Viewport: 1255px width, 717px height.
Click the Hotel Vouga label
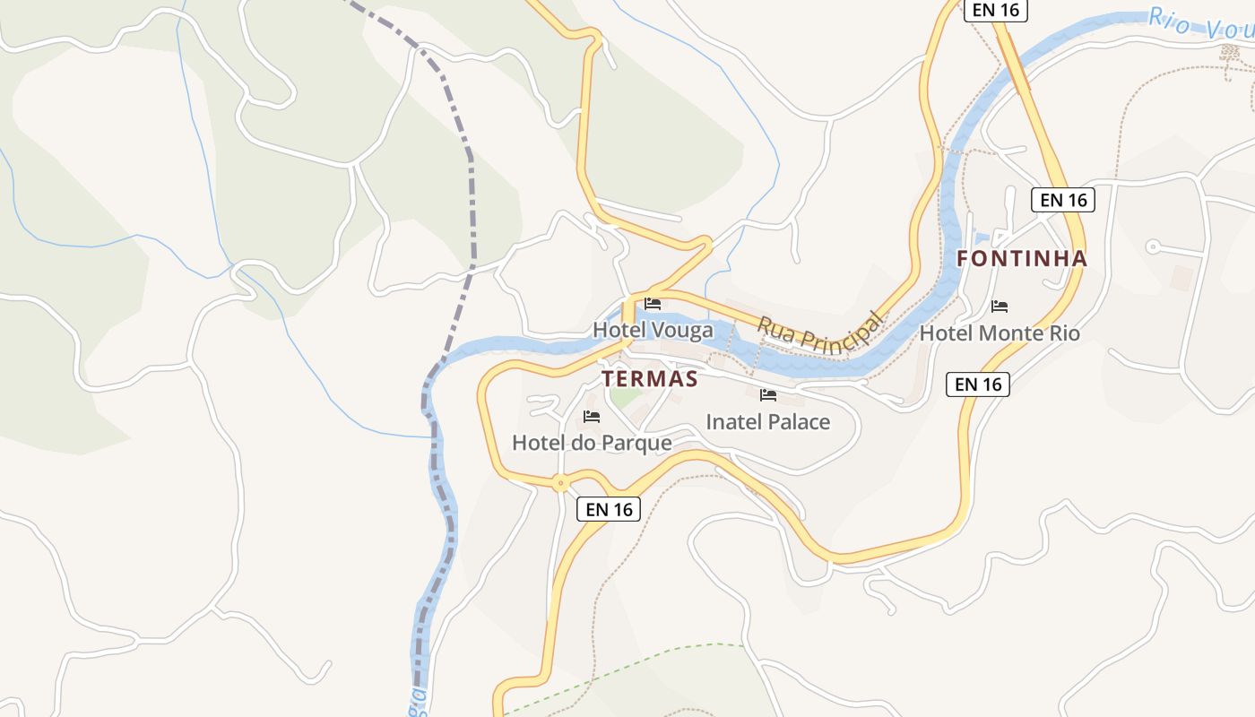pyautogui.click(x=653, y=330)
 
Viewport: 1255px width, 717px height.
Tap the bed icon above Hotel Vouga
pyautogui.click(x=653, y=304)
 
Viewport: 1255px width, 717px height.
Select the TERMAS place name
pyautogui.click(x=649, y=379)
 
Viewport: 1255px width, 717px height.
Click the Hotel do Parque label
pyautogui.click(x=592, y=443)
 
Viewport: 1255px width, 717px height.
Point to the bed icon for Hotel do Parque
pyautogui.click(x=592, y=416)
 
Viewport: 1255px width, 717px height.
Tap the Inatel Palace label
pyautogui.click(x=768, y=421)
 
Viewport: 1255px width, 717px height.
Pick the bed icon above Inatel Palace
pyautogui.click(x=768, y=394)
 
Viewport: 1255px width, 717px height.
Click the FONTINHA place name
pyautogui.click(x=1022, y=259)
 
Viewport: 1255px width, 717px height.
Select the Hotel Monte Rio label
pyautogui.click(x=1000, y=333)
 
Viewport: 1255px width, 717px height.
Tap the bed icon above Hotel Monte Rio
pyautogui.click(x=1000, y=307)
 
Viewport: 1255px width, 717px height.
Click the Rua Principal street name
pyautogui.click(x=820, y=331)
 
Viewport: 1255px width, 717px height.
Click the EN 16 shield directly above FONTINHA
pyautogui.click(x=1064, y=200)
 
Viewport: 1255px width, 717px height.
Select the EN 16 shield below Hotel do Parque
pyautogui.click(x=610, y=509)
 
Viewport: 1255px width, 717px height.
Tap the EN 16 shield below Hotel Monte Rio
pyautogui.click(x=978, y=384)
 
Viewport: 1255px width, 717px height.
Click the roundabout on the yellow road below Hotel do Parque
pyautogui.click(x=561, y=483)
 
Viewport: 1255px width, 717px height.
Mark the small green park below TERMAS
pyautogui.click(x=625, y=397)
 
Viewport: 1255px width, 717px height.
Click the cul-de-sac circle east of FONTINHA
pyautogui.click(x=1153, y=246)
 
